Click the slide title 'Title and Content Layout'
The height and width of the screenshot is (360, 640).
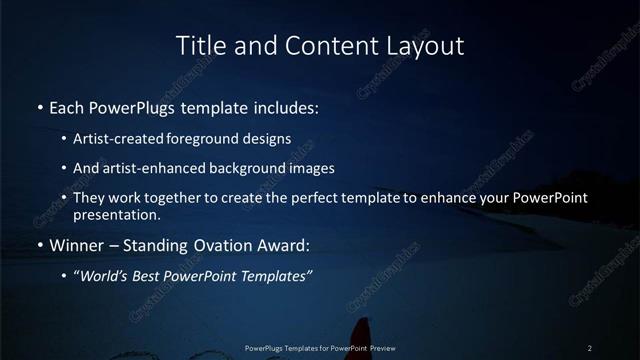coord(320,46)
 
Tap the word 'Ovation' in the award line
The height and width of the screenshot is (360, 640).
coord(216,245)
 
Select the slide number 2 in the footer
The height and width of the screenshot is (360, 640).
coord(589,348)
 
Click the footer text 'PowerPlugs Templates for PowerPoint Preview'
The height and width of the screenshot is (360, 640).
coord(320,348)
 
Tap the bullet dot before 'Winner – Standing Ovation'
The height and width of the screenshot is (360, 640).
coord(39,246)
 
